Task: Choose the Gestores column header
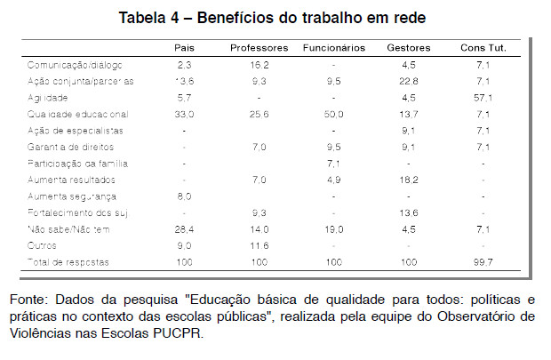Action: click(409, 46)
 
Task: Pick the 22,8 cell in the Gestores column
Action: click(409, 81)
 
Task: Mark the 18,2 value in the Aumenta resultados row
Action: click(409, 180)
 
